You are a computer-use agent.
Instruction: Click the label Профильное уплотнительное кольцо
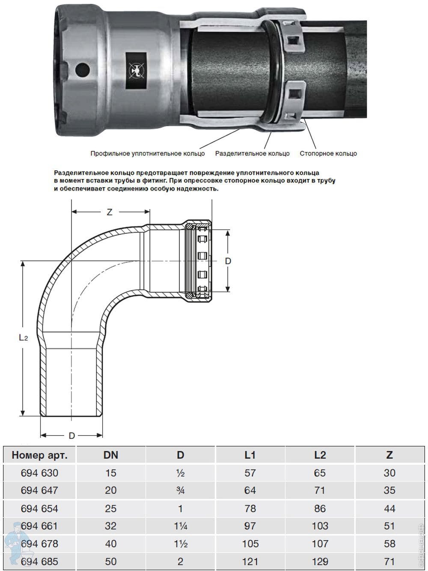[x=148, y=153]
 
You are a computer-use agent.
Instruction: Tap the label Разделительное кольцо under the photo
[x=252, y=153]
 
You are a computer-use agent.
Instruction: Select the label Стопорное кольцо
[x=328, y=153]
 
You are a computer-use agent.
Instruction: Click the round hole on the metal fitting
[x=83, y=69]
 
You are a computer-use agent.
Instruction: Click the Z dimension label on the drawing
[x=110, y=212]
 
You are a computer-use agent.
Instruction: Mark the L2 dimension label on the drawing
[x=23, y=338]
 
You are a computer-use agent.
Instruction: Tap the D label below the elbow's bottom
[x=72, y=436]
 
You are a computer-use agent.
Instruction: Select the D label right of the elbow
[x=228, y=261]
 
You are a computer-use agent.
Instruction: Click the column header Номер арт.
[x=39, y=455]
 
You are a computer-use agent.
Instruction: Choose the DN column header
[x=111, y=455]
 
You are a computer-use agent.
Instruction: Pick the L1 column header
[x=250, y=455]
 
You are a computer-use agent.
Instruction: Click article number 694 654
[x=39, y=508]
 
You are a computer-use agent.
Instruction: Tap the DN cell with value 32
[x=111, y=526]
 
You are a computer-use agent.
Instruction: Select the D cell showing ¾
[x=180, y=490]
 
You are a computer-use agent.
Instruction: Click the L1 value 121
[x=250, y=561]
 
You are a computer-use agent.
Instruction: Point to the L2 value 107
[x=320, y=544]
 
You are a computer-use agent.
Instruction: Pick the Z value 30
[x=389, y=473]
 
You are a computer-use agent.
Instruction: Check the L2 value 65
[x=320, y=473]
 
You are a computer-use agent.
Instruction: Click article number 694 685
[x=39, y=561]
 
